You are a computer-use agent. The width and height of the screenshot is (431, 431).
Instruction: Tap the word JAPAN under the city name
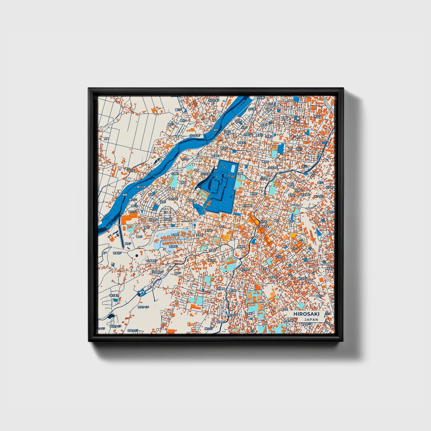311,319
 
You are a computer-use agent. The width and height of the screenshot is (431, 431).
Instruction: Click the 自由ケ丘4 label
143,307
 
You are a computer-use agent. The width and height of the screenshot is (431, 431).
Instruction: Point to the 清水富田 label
114,296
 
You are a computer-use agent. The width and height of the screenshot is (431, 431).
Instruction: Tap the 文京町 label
248,314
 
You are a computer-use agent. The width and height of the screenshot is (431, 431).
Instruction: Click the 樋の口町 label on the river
141,187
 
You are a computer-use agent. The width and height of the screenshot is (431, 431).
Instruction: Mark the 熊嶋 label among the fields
106,138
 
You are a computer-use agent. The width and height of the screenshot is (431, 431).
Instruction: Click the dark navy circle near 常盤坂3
137,256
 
